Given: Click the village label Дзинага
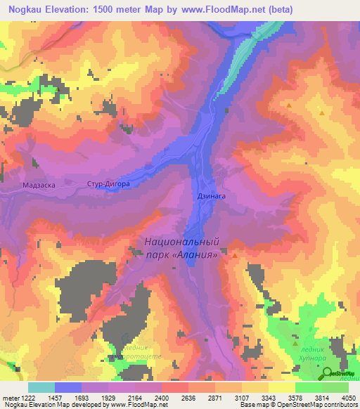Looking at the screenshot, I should (x=210, y=197).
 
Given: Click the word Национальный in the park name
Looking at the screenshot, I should (x=181, y=242).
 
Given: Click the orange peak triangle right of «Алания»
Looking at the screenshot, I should (x=234, y=255).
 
